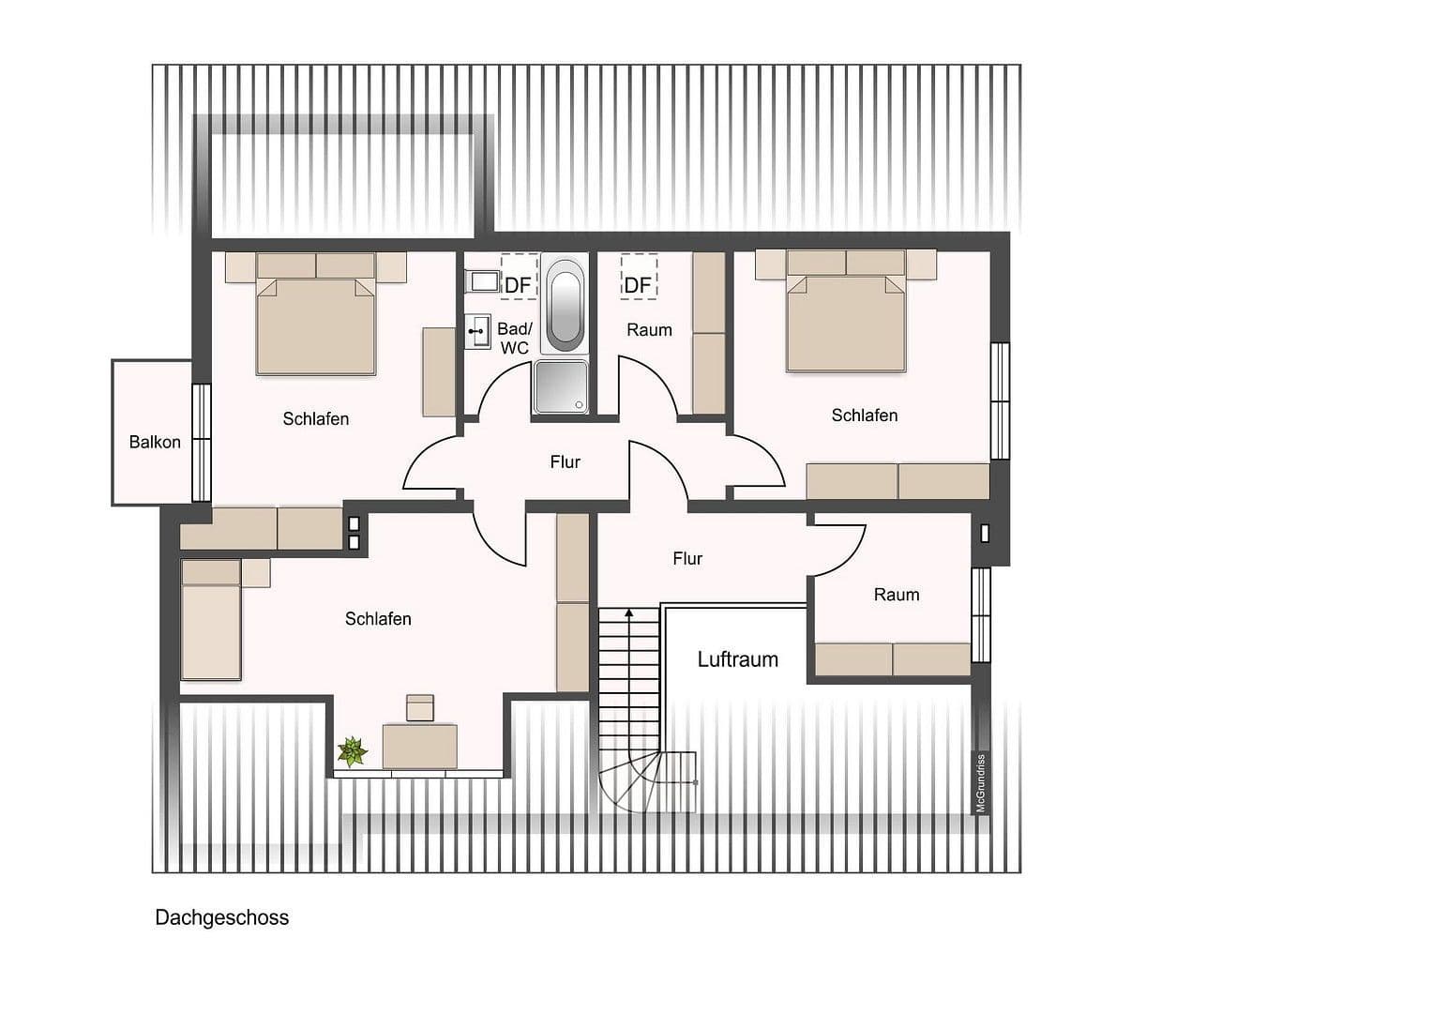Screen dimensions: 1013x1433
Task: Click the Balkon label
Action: [x=155, y=442]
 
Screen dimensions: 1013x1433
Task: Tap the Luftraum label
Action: [x=737, y=659]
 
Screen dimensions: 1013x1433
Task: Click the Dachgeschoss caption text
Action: [x=221, y=917]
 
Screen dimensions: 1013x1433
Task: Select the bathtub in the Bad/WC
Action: [x=565, y=304]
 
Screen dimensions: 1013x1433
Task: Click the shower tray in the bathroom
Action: [x=561, y=386]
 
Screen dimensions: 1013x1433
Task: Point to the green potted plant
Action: [x=353, y=751]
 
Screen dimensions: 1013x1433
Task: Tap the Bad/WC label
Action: [x=514, y=339]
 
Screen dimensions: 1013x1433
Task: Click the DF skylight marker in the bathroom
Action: [x=518, y=284]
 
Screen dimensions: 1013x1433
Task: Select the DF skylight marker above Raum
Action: [x=638, y=284]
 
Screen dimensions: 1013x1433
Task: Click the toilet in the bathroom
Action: [x=484, y=280]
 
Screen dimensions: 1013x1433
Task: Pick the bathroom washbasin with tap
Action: [x=478, y=332]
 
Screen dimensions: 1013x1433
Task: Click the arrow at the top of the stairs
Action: [x=628, y=613]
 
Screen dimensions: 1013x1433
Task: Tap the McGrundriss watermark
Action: [x=981, y=783]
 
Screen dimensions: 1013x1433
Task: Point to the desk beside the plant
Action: [x=419, y=747]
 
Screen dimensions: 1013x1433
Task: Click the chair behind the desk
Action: [x=420, y=707]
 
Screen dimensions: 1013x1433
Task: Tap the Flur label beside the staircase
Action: [x=686, y=559]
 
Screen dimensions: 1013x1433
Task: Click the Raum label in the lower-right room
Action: [x=896, y=595]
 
